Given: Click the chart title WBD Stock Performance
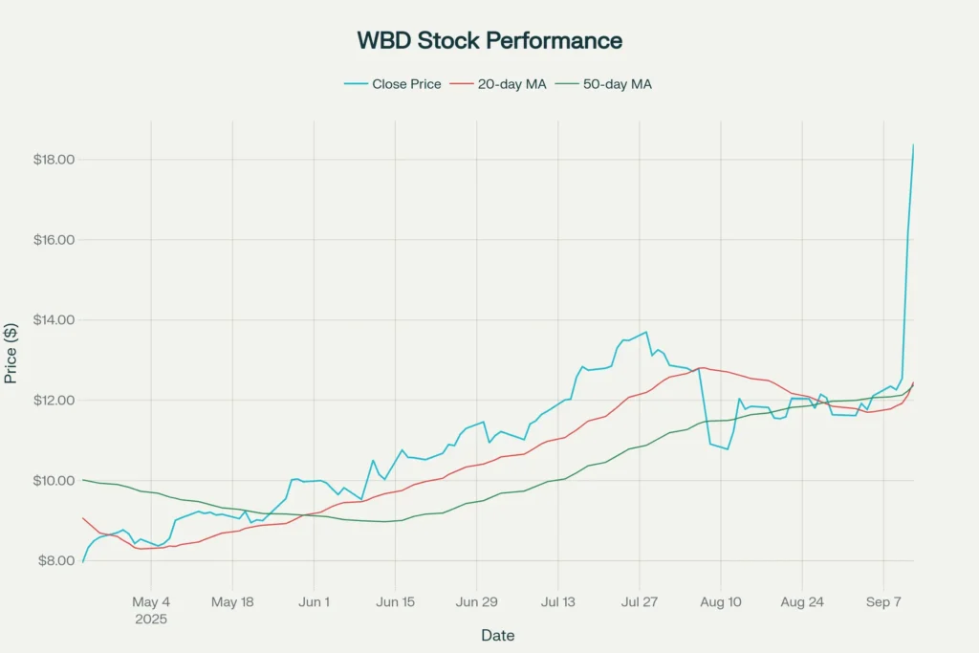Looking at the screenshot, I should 489,40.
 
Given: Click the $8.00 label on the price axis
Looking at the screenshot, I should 55,560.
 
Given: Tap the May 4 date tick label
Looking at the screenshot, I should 151,602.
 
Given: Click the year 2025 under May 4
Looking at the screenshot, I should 151,619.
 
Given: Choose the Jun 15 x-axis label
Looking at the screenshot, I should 396,602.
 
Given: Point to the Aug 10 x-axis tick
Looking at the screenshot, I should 721,602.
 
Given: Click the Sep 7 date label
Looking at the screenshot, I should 883,602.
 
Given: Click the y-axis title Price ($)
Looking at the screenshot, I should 11,352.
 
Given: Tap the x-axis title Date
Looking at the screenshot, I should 497,635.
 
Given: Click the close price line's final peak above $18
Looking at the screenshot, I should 913,144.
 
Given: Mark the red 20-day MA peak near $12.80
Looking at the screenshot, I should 702,368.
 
